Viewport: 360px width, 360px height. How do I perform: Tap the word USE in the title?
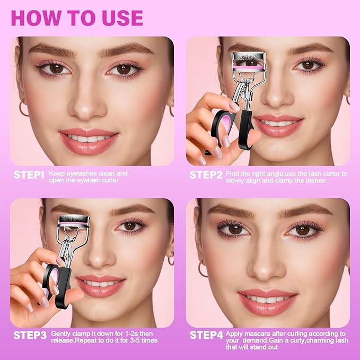120,17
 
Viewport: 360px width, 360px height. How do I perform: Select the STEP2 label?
206,174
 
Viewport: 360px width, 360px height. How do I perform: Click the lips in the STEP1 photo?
89,139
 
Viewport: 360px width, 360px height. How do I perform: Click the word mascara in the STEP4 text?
256,333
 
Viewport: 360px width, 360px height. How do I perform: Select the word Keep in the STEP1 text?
57,173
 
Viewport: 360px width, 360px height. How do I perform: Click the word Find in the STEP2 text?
233,173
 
